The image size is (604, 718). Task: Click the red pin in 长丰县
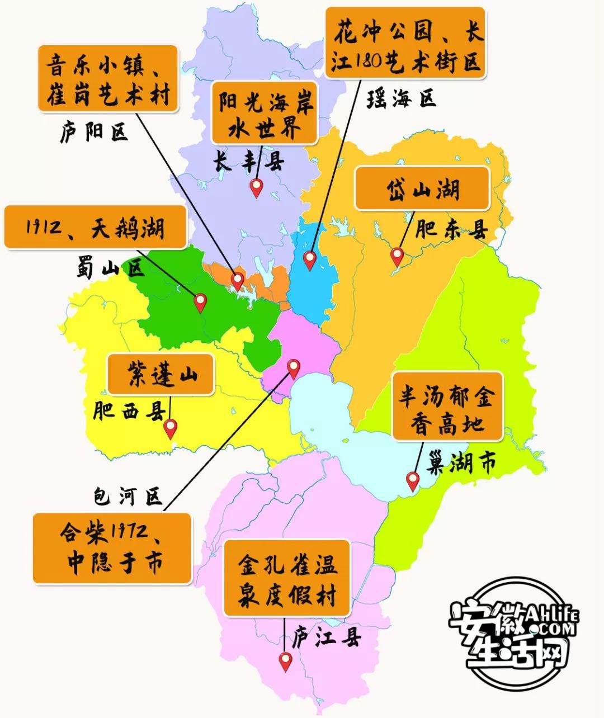tap(257, 187)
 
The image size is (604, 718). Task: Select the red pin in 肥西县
tap(170, 428)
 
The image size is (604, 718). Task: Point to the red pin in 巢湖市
tap(413, 480)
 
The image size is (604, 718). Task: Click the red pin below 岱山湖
tap(397, 256)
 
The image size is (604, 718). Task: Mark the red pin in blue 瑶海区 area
tap(309, 259)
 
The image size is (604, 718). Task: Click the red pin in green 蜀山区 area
tap(200, 302)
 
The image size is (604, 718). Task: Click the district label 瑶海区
tap(401, 99)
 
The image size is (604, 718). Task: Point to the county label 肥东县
tap(451, 230)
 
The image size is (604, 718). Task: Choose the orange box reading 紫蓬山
tap(160, 374)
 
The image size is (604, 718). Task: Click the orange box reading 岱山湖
tap(423, 189)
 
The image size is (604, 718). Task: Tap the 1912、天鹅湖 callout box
tap(95, 227)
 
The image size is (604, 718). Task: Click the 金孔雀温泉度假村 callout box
tap(287, 578)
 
